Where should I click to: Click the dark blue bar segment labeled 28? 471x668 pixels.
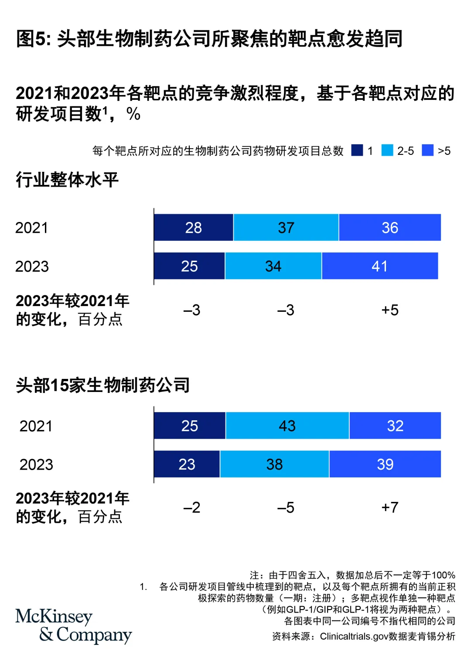click(194, 227)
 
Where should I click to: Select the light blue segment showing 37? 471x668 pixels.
click(286, 227)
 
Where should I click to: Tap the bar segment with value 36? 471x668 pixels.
click(390, 227)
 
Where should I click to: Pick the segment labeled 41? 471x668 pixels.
click(380, 266)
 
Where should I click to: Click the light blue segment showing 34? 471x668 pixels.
click(273, 266)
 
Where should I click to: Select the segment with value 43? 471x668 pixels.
click(287, 426)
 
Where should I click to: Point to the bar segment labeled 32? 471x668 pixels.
click(395, 426)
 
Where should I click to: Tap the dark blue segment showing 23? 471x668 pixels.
click(187, 464)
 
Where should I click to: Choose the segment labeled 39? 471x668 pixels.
click(385, 464)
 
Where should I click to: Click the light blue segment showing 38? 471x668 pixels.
click(274, 464)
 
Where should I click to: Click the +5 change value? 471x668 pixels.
click(390, 310)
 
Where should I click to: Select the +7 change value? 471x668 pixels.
click(390, 508)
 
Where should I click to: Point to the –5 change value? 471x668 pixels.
click(286, 508)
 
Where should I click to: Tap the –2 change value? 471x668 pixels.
click(192, 508)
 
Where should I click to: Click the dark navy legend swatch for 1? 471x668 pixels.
click(357, 150)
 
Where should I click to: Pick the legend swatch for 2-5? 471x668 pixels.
click(387, 150)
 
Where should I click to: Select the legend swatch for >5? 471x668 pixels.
click(428, 150)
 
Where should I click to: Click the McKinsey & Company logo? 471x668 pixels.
click(73, 626)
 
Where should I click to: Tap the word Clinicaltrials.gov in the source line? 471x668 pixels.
click(354, 637)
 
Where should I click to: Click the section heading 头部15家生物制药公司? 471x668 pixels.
click(103, 385)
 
